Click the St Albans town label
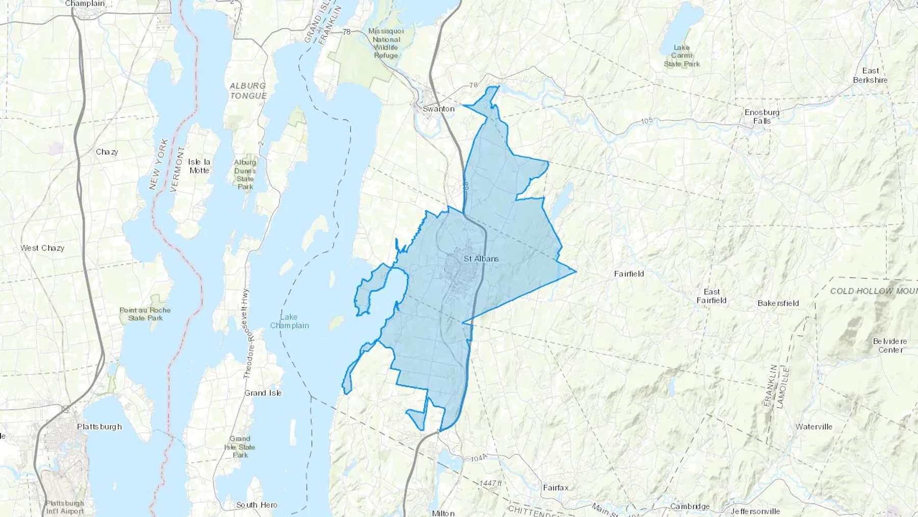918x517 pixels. (481, 259)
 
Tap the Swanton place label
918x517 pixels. (438, 109)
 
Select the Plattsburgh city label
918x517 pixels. (99, 427)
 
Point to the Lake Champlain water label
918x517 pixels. (289, 321)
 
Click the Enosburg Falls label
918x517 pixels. (762, 116)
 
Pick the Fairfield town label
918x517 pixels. (629, 274)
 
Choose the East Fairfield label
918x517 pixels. (711, 296)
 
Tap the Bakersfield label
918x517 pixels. (778, 303)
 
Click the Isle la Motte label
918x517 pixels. (199, 166)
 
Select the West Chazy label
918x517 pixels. (42, 248)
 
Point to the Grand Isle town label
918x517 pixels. (263, 393)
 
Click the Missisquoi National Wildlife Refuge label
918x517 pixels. (386, 43)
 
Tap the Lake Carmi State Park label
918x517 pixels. (682, 56)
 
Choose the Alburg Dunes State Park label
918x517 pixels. (245, 174)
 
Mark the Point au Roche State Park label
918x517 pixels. (145, 314)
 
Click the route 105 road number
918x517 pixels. (647, 121)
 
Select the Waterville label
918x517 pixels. (813, 427)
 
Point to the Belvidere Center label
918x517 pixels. (890, 346)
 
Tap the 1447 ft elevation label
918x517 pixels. (491, 483)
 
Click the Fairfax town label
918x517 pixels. (555, 488)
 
